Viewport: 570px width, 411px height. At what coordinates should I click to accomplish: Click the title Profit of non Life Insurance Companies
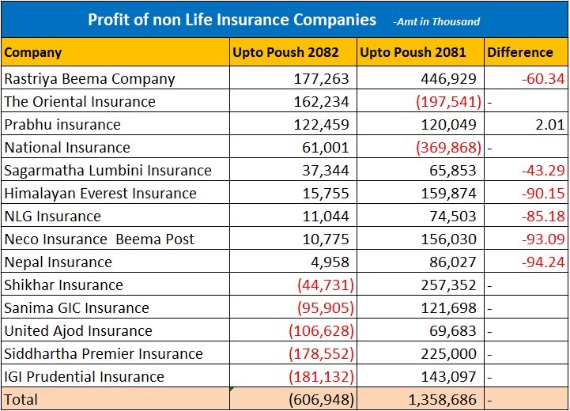232,19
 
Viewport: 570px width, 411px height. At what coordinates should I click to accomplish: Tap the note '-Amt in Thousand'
436,22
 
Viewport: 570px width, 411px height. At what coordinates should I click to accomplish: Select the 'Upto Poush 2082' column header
285,53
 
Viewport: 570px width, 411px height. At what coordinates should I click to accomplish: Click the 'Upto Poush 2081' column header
412,53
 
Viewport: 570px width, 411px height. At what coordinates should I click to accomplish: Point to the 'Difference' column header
519,53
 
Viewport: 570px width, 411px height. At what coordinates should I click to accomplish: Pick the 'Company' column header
33,53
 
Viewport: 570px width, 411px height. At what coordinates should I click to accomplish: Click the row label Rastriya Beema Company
89,79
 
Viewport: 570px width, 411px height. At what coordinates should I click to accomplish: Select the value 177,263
325,79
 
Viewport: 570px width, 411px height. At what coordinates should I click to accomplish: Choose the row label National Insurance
67,148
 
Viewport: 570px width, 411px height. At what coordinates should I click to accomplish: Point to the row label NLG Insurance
53,217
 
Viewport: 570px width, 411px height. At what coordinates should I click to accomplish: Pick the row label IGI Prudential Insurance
85,377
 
